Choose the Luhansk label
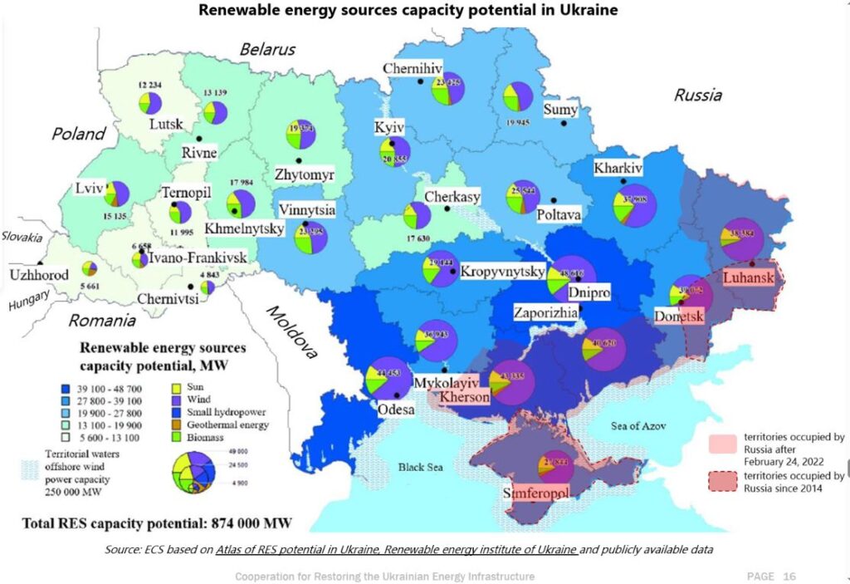(748, 276)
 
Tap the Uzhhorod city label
(39, 274)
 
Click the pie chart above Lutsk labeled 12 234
(149, 102)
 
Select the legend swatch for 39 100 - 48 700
(65, 387)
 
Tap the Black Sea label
(420, 467)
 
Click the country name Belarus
(267, 49)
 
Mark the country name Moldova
(291, 332)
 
